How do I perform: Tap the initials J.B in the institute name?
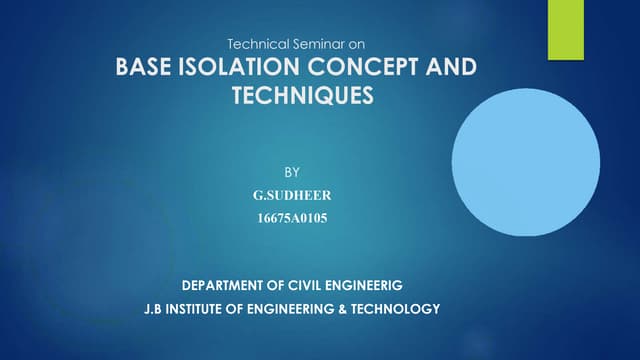[x=151, y=310]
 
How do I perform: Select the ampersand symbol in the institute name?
[x=350, y=310]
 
